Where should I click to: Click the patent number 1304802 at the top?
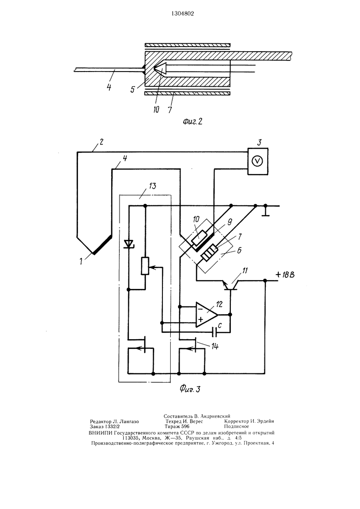[x=182, y=14]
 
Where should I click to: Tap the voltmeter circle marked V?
[x=258, y=162]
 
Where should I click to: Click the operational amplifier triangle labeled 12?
[x=206, y=315]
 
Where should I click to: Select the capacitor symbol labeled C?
[x=215, y=332]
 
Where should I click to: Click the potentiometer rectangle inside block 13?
[x=145, y=266]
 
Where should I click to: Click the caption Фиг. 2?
[x=192, y=122]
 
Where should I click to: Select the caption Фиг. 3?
[x=190, y=389]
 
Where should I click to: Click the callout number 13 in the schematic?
[x=152, y=186]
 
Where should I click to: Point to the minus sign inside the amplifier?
[x=200, y=309]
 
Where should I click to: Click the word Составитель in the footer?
[x=178, y=416]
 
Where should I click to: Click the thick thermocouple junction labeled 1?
[x=102, y=245]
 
